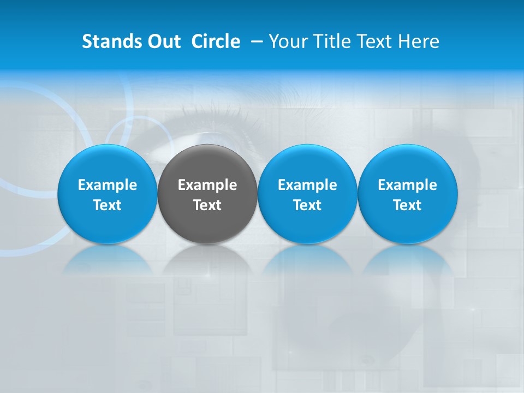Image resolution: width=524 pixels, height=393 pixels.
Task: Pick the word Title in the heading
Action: [x=334, y=41]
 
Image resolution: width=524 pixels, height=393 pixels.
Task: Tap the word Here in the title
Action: [x=419, y=41]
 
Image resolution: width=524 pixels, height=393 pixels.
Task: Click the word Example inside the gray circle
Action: [x=207, y=185]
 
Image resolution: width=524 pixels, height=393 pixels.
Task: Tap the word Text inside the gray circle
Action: [x=207, y=205]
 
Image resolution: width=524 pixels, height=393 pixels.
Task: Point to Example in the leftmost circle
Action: [x=107, y=185]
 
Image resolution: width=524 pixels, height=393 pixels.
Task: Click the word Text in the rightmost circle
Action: [x=407, y=205]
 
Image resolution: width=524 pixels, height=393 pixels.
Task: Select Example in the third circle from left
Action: [x=307, y=185]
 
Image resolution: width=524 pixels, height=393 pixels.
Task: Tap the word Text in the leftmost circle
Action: [x=107, y=205]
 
